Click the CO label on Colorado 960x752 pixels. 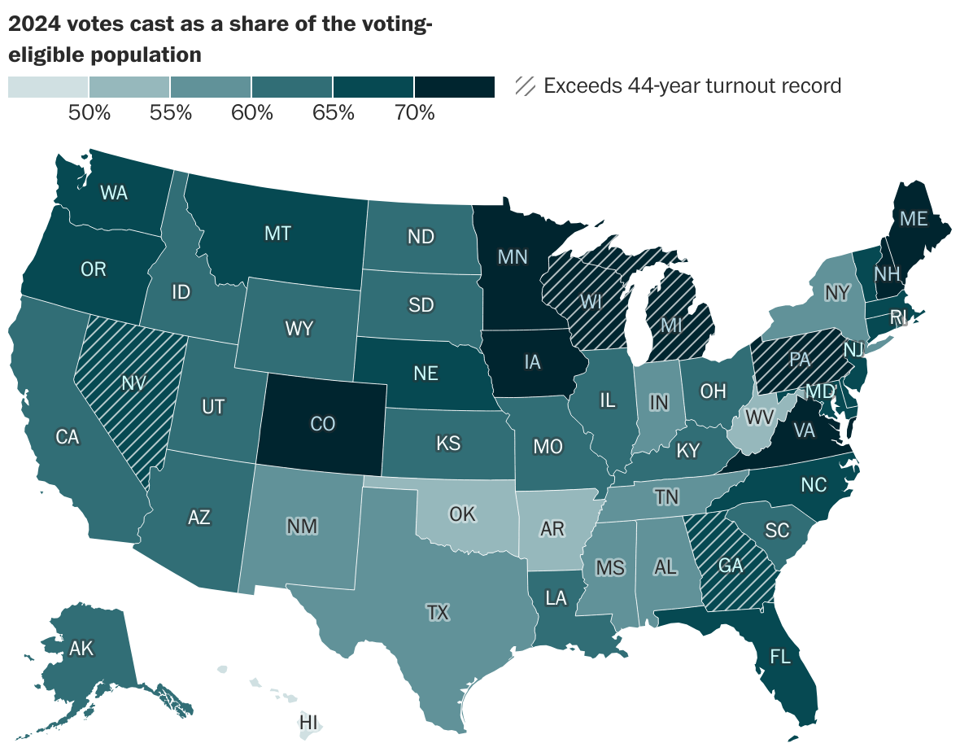tap(324, 423)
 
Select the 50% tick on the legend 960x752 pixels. tap(89, 113)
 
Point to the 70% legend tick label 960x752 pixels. tap(414, 113)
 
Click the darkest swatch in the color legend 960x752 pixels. tap(454, 86)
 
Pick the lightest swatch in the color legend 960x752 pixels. tap(48, 86)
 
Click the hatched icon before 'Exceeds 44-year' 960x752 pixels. tap(526, 85)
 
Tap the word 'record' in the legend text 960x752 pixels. tap(810, 85)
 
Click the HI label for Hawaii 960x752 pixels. tap(308, 722)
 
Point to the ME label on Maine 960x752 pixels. tap(912, 218)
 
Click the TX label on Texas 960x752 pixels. tap(438, 613)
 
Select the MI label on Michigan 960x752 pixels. tap(670, 326)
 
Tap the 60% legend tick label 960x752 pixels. tap(251, 113)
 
